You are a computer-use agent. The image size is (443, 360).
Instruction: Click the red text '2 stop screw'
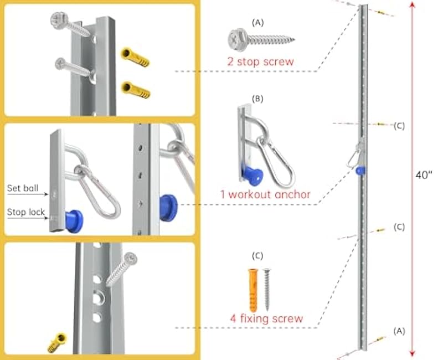pos(260,61)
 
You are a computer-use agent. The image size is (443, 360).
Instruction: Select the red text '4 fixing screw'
pos(266,318)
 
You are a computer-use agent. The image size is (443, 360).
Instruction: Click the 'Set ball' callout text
pos(23,188)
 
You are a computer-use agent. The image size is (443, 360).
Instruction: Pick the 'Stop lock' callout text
pos(25,212)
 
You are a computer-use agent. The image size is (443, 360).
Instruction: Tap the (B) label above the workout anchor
pos(257,99)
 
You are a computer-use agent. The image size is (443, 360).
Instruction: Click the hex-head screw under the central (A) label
pos(260,39)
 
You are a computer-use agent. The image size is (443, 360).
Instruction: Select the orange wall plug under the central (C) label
pos(252,289)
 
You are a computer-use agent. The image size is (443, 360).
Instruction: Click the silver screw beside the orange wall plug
pos(267,289)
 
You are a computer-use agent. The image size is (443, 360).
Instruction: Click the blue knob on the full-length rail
pos(361,171)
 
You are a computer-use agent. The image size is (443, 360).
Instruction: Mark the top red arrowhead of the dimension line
pos(412,4)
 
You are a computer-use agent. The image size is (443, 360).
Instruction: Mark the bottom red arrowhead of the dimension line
pos(412,354)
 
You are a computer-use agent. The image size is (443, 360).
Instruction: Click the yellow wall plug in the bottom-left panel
pos(57,342)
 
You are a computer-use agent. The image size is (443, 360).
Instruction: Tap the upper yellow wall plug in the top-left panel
pos(135,57)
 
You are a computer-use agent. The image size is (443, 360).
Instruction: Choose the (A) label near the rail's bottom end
pos(399,331)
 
